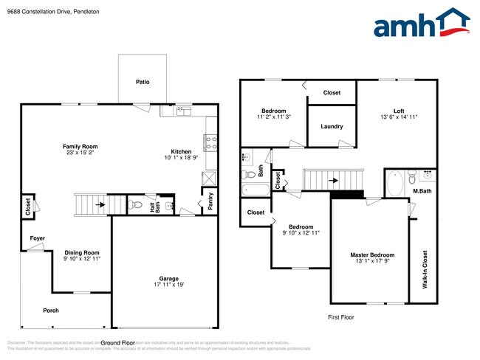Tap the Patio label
143,82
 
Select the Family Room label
80,146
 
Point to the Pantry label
210,202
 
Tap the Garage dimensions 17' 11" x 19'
164,284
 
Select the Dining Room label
81,252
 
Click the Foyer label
38,238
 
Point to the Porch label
50,311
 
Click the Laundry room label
332,126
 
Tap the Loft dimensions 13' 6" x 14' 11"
399,117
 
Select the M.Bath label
422,191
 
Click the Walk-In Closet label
425,269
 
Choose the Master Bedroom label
371,255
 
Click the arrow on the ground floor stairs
99,204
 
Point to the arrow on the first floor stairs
333,179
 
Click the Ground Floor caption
117,343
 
